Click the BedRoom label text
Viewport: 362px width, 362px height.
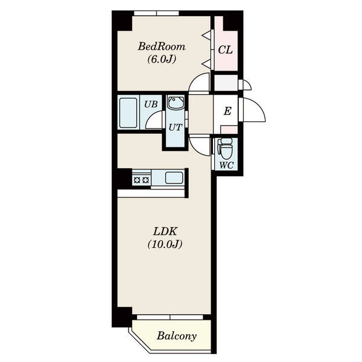pyautogui.click(x=162, y=46)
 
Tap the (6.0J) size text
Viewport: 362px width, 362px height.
pyautogui.click(x=162, y=59)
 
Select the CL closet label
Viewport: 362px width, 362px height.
pyautogui.click(x=225, y=50)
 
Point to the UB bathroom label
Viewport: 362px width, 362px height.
pyautogui.click(x=151, y=104)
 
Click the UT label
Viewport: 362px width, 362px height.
pyautogui.click(x=175, y=127)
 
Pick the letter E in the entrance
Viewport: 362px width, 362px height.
pyautogui.click(x=227, y=111)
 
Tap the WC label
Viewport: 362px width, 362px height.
pyautogui.click(x=226, y=165)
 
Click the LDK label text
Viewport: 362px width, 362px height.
pyautogui.click(x=165, y=232)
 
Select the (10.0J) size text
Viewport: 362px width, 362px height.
pyautogui.click(x=165, y=244)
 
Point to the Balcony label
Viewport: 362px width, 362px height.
pyautogui.click(x=177, y=336)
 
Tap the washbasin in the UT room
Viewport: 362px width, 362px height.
pyautogui.click(x=176, y=103)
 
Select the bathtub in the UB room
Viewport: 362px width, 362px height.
pyautogui.click(x=129, y=113)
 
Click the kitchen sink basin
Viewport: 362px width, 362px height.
pyautogui.click(x=174, y=178)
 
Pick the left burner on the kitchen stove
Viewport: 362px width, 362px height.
pyautogui.click(x=138, y=180)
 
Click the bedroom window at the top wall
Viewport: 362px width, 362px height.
pyautogui.click(x=156, y=13)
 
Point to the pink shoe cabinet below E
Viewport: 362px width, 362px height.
pyautogui.click(x=229, y=130)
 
